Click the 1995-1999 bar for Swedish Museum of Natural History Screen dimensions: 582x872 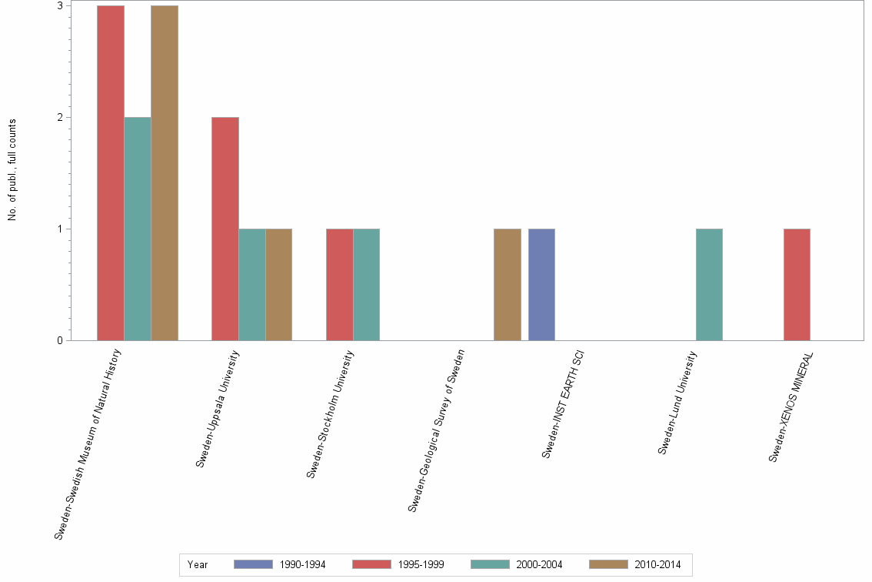coord(111,173)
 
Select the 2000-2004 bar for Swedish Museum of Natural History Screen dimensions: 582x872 coord(138,229)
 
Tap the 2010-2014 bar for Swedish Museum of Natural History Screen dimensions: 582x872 coord(165,173)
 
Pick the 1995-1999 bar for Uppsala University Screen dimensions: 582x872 coord(225,229)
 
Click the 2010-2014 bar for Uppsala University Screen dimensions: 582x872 coord(278,285)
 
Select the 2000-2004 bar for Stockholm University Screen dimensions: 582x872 coord(367,285)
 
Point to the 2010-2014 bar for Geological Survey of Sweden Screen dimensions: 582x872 coord(508,285)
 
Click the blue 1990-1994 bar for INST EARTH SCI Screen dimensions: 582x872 coord(542,285)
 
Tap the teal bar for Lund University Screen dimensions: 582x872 coord(709,285)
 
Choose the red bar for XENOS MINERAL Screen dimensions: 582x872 coord(797,285)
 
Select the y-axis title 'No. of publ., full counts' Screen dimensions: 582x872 coord(12,170)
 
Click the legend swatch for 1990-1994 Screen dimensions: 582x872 coord(253,564)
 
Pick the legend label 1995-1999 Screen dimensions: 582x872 coord(421,564)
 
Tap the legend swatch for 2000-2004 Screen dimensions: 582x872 coord(490,564)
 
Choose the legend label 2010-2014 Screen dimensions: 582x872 coord(657,564)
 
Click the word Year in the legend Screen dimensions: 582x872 coord(198,564)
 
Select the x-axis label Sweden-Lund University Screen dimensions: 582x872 coord(678,403)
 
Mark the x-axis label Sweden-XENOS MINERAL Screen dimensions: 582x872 coord(792,406)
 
